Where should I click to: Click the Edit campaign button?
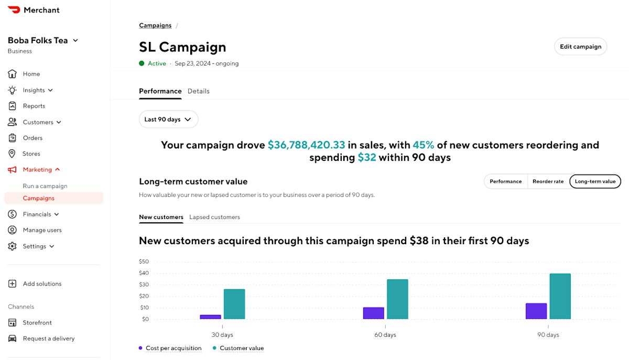[580, 47]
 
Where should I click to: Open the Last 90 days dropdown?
[168, 119]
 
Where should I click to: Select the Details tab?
[199, 91]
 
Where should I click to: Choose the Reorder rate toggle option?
[548, 181]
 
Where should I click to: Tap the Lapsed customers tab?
[214, 217]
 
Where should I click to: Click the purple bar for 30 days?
[210, 317]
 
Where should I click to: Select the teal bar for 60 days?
[397, 299]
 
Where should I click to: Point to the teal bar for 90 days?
[560, 296]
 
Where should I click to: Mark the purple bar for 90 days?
[536, 311]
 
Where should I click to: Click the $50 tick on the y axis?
[144, 261]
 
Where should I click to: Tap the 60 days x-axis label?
[385, 335]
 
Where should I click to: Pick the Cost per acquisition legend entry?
[170, 348]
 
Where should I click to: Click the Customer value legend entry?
[238, 348]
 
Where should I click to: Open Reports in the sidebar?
[34, 106]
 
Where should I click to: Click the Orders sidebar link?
[32, 138]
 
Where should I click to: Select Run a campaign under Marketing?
[45, 186]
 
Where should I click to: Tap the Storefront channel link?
[37, 323]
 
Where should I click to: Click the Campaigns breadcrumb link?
[155, 25]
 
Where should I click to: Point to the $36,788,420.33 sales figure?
[306, 145]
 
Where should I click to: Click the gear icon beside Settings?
[12, 246]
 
